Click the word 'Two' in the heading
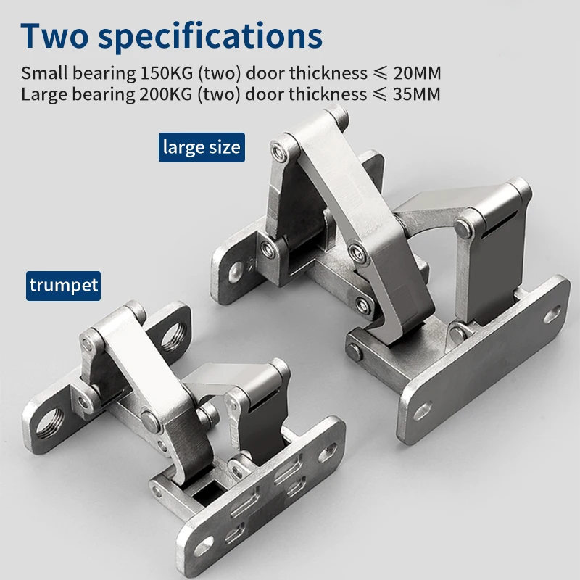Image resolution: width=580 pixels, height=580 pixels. [x=55, y=36]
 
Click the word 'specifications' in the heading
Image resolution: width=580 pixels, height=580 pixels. [x=210, y=38]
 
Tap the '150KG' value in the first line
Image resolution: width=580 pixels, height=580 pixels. [x=167, y=73]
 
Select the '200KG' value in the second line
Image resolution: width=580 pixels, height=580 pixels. [x=166, y=94]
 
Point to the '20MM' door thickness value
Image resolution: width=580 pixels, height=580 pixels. [x=418, y=73]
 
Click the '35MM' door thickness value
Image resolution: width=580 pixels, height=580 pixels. [x=417, y=94]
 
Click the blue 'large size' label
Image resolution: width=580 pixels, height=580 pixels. [x=202, y=147]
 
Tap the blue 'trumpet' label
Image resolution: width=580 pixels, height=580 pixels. [x=63, y=286]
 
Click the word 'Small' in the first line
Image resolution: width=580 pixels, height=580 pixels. [x=45, y=73]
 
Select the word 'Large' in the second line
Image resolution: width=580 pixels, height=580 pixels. [x=45, y=95]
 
